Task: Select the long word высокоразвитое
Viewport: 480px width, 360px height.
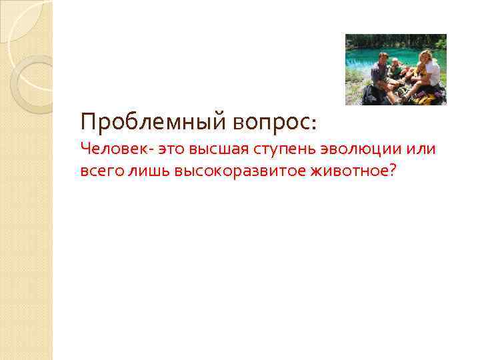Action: pos(239,171)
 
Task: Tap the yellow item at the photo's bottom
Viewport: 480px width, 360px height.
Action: pos(423,100)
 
